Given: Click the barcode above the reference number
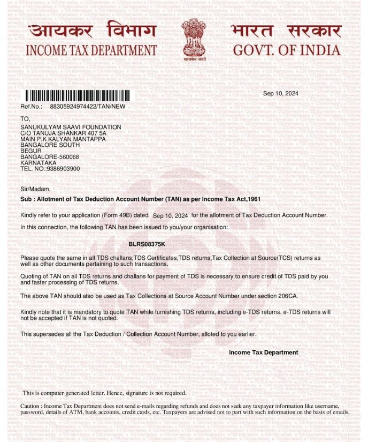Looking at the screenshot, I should coord(75,97).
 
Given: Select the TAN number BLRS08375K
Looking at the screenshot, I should coord(147,244).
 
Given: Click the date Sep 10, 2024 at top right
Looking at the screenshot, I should coord(281,93).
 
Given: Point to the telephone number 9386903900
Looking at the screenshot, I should coord(60,168).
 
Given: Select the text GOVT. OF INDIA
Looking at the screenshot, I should coord(286,51).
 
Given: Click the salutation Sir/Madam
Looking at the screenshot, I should coord(35,189).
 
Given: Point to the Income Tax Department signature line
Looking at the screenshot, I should coord(263,352).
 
